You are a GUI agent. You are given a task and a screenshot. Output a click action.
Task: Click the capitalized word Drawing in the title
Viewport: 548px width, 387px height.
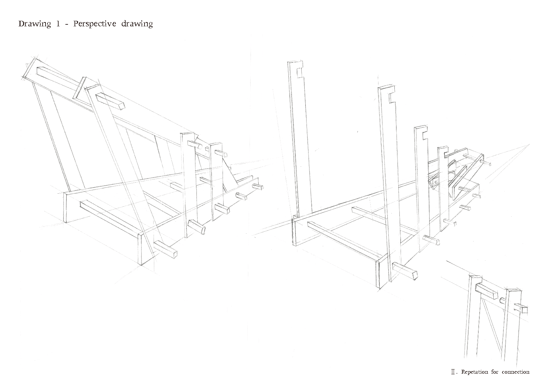pos(34,24)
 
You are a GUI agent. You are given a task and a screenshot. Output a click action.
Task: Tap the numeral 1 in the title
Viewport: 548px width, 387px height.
pos(58,24)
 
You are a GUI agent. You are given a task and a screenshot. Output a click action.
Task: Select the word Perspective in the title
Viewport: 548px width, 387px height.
pos(94,24)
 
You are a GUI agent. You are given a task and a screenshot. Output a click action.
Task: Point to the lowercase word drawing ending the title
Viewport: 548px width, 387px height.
pos(137,24)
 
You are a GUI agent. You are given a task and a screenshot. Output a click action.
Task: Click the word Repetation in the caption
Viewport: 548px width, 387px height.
pos(475,372)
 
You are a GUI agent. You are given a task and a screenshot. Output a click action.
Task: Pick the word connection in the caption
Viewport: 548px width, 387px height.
pos(515,372)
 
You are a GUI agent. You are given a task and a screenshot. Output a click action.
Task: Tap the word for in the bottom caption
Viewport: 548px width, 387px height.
pos(495,372)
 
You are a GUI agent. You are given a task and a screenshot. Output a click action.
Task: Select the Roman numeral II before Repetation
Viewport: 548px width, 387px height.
pos(453,372)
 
